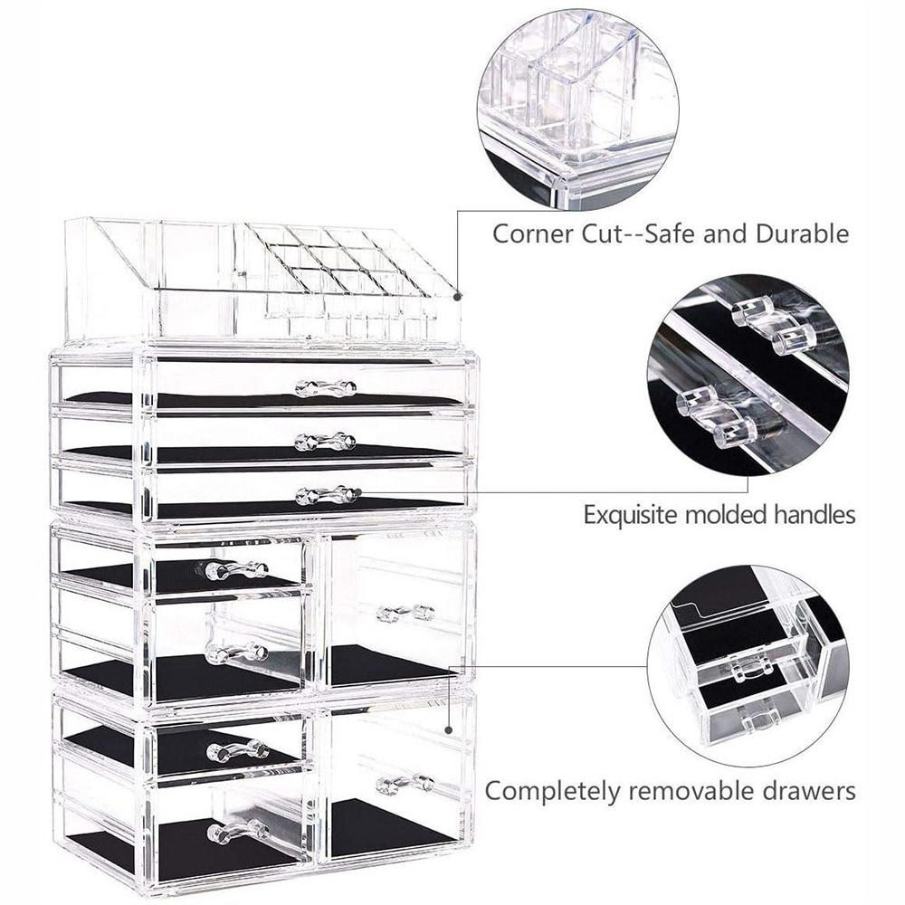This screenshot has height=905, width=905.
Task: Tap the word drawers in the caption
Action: coord(805,791)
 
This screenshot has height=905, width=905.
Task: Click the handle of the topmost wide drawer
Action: coord(325,388)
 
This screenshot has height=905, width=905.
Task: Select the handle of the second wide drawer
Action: coord(325,442)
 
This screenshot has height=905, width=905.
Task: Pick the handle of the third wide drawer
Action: coord(326,495)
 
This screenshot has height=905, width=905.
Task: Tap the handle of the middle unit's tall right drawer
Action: coord(405,614)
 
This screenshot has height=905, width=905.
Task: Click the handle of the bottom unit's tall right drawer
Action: coord(405,784)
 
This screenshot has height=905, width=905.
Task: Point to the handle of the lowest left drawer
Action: coord(238,832)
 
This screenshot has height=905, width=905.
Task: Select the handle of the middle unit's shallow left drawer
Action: coord(236,570)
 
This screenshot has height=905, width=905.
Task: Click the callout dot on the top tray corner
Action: coord(458,297)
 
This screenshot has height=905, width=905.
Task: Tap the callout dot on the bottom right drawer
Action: coord(449,730)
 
